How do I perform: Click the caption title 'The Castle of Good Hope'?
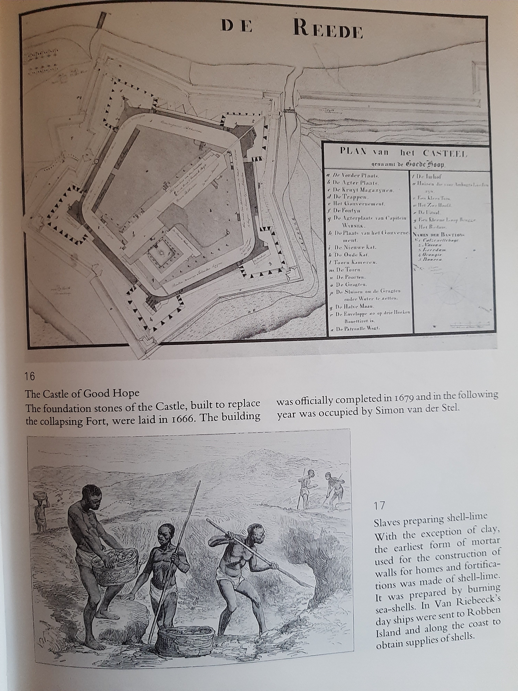82,393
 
